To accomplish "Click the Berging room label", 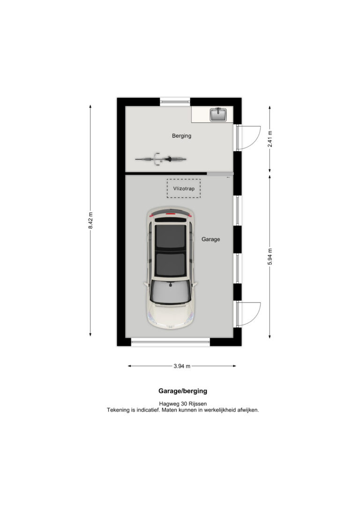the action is click(181, 136).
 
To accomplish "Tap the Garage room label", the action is click(210, 239).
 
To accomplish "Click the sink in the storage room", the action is click(218, 114).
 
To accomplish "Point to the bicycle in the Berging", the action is click(161, 159).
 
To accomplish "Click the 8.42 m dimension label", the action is click(90, 220).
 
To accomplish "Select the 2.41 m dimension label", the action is click(270, 139).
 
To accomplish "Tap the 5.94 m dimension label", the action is click(270, 256).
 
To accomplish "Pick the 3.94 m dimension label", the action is click(182, 366).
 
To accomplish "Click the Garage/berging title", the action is click(183, 391).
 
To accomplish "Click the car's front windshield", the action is click(170, 292).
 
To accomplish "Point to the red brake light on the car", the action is click(170, 214).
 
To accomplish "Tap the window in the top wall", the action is click(175, 102).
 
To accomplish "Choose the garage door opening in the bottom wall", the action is click(171, 342).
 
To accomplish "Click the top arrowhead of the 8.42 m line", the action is click(90, 106).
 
